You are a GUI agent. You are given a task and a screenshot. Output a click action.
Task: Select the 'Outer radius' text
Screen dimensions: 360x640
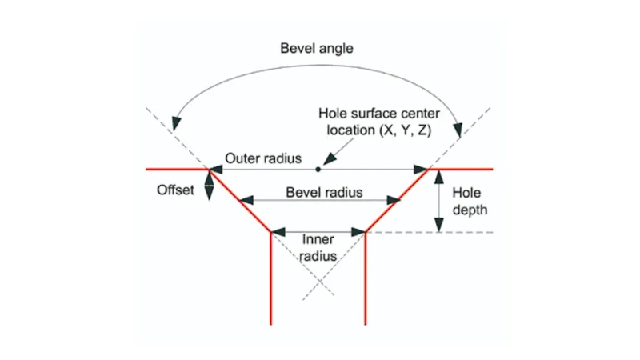263,158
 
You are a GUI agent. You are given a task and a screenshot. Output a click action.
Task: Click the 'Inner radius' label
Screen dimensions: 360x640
318,247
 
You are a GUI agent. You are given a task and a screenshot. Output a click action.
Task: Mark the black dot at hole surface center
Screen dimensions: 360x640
318,169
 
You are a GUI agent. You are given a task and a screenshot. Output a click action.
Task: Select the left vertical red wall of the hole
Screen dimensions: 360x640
271,280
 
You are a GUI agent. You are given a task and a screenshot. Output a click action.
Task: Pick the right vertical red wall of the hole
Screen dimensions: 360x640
366,280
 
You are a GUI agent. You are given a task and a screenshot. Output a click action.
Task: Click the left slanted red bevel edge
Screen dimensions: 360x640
240,200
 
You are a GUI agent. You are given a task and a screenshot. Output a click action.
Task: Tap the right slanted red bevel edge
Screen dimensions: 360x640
398,200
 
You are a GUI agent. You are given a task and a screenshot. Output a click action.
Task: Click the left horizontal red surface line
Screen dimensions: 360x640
176,169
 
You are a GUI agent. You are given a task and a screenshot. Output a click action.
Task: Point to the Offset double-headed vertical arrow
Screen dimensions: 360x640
210,185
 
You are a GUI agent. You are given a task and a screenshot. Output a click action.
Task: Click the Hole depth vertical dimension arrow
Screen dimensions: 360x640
438,201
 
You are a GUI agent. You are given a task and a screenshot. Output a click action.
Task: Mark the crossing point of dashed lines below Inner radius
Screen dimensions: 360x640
318,280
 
